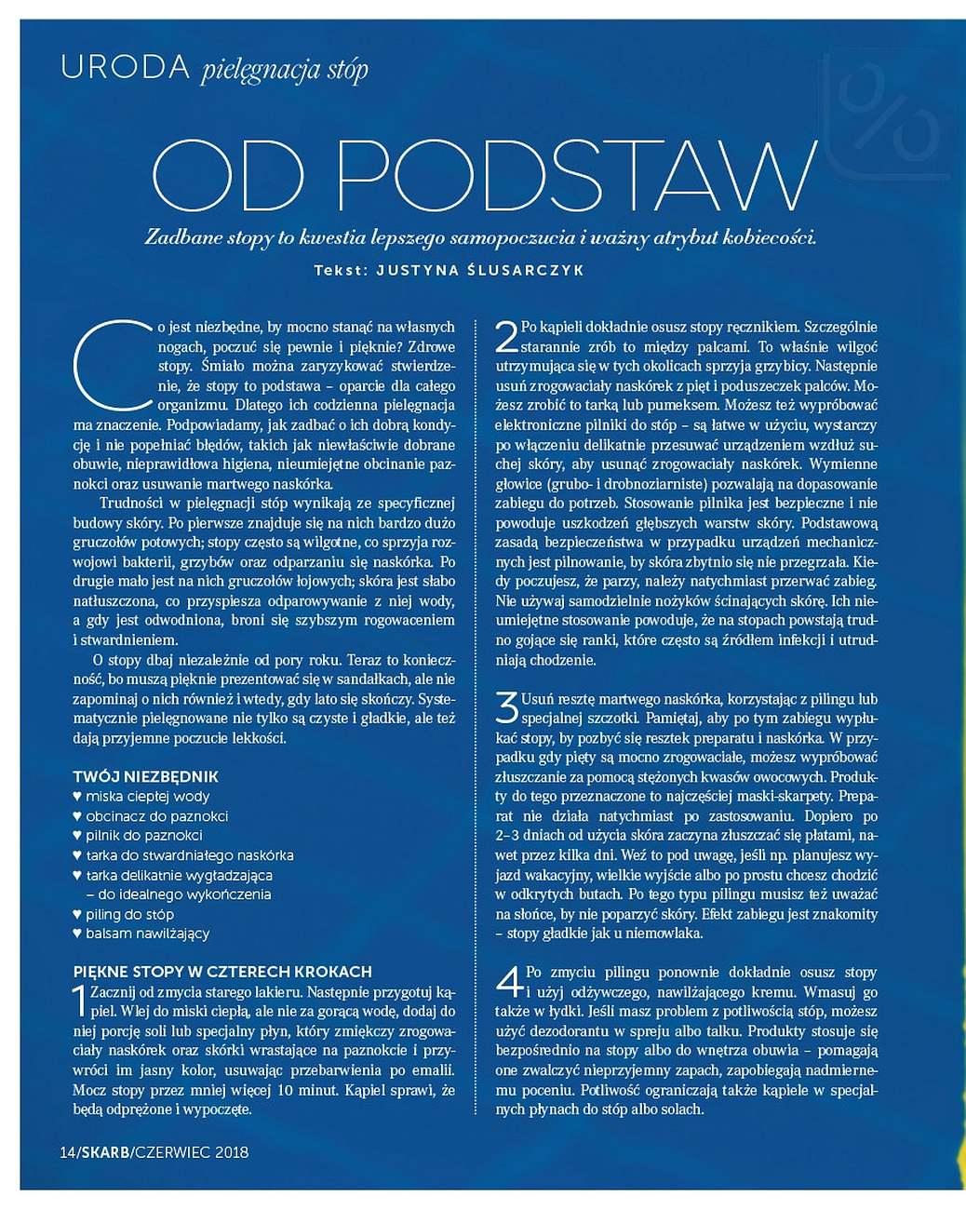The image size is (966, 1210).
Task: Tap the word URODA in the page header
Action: (125, 67)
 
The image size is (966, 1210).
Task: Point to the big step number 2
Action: (507, 337)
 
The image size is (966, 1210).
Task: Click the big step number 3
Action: (507, 708)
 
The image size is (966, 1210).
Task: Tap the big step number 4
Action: (509, 983)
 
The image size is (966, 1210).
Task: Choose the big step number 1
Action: (80, 1001)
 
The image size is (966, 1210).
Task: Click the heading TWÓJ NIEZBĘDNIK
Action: (145, 776)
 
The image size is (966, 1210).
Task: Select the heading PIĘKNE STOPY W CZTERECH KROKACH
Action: (222, 971)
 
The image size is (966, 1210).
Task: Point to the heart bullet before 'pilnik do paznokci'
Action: (77, 836)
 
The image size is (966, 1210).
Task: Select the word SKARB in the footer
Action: (103, 1151)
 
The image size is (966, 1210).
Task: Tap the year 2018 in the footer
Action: (231, 1151)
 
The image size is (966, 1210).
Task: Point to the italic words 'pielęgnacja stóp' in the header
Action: (284, 69)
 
